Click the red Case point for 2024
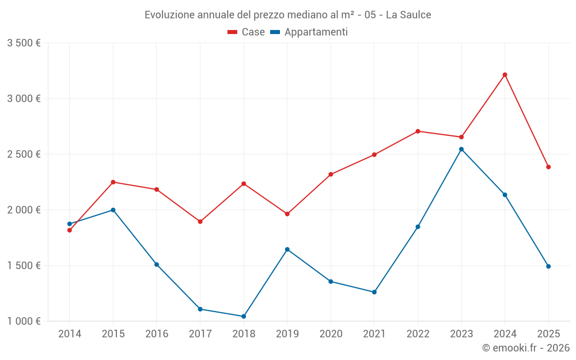coord(505,75)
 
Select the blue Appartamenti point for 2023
coord(461,149)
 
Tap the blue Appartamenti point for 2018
coord(244,316)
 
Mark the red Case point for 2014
coord(70,230)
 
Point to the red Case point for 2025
coord(548,167)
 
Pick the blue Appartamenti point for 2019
coord(287,249)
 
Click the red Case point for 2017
coord(200,222)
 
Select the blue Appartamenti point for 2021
coord(374,292)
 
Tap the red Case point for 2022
coord(418,131)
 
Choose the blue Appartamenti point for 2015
coord(113,210)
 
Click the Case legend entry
coord(247,32)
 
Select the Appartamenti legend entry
coord(309,32)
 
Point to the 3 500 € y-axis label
coord(24,43)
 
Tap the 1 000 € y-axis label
coord(24,321)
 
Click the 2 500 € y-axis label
coord(24,154)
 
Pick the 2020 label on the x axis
coord(331,334)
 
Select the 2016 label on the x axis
coord(157,334)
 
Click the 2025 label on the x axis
coord(548,334)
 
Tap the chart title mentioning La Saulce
coord(288,15)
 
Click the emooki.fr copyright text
coord(526,348)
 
